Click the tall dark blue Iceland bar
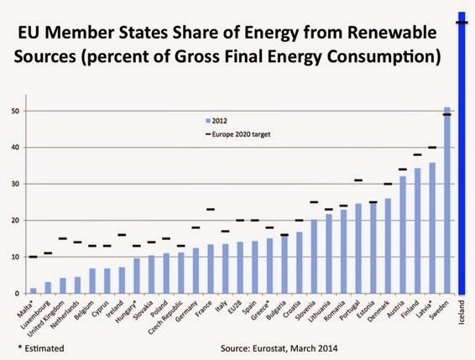pos(462,153)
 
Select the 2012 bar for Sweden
pos(446,201)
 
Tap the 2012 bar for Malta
pos(34,291)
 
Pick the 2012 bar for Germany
pos(196,271)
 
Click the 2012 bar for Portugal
pos(358,248)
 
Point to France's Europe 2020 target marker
pos(211,210)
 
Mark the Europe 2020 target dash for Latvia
pos(432,148)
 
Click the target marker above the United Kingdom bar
pos(63,238)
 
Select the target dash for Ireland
pos(122,235)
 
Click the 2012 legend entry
pos(217,121)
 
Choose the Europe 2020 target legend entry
pos(237,134)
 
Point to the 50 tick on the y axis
pos(16,112)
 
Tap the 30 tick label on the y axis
pos(16,184)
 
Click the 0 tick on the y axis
pos(18,294)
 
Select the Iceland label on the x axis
pos(462,312)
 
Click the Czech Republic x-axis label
pos(166,317)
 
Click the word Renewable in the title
pos(392,33)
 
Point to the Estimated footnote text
pos(44,348)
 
